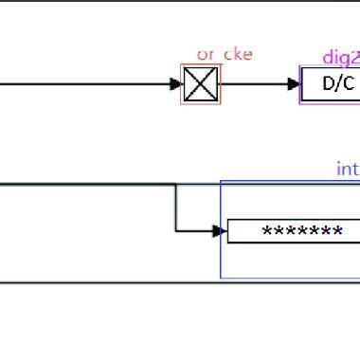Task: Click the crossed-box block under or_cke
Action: coord(200,84)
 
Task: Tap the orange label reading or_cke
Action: coord(225,54)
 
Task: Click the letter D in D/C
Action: coord(329,83)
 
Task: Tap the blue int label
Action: coord(348,170)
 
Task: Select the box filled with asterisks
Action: coord(294,231)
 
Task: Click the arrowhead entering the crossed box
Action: coord(176,84)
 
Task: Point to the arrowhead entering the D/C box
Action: coord(295,84)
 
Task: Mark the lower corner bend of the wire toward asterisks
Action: coord(175,230)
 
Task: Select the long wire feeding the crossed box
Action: coord(85,84)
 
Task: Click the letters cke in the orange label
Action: coord(238,54)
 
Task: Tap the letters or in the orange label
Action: coord(206,54)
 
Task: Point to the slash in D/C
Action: coord(338,83)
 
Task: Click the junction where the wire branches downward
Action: coord(175,185)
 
